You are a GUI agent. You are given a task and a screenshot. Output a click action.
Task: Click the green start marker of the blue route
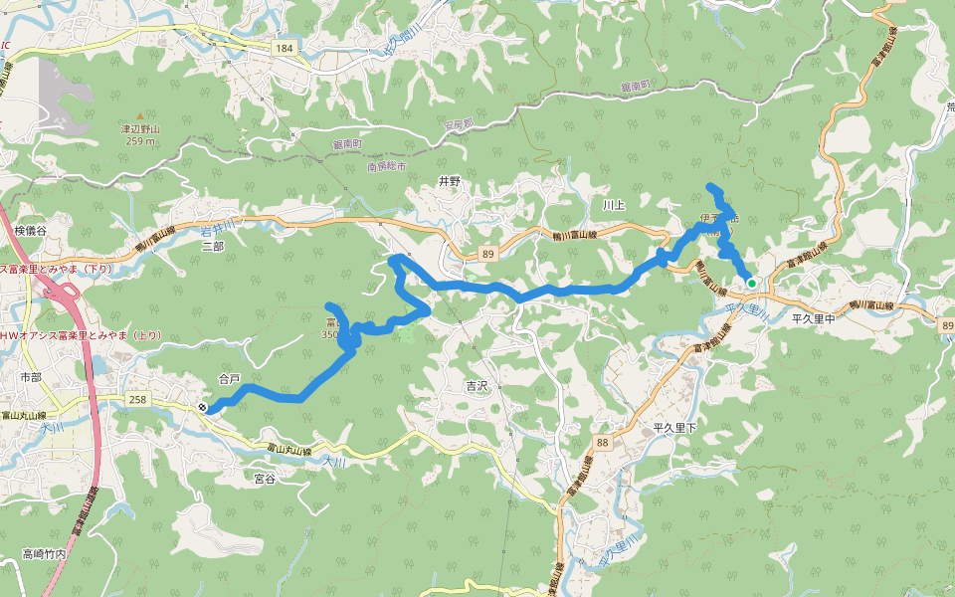(752, 284)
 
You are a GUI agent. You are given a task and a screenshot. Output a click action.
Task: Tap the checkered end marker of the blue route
(203, 408)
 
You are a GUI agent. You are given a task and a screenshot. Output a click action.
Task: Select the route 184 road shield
(286, 48)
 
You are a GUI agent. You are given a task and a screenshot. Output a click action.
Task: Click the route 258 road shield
(138, 399)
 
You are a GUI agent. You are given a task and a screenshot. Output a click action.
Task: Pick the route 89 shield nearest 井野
(486, 255)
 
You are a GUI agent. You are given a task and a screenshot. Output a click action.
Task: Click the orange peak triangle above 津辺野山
(140, 116)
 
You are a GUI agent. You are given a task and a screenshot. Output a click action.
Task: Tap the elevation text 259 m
(141, 141)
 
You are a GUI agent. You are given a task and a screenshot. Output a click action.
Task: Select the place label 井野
(451, 182)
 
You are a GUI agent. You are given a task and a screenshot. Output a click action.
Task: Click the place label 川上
(614, 205)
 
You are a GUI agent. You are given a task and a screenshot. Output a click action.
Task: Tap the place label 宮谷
(265, 479)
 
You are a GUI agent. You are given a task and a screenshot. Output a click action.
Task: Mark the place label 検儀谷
(31, 231)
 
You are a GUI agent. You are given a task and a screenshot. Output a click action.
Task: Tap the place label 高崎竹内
(44, 554)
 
